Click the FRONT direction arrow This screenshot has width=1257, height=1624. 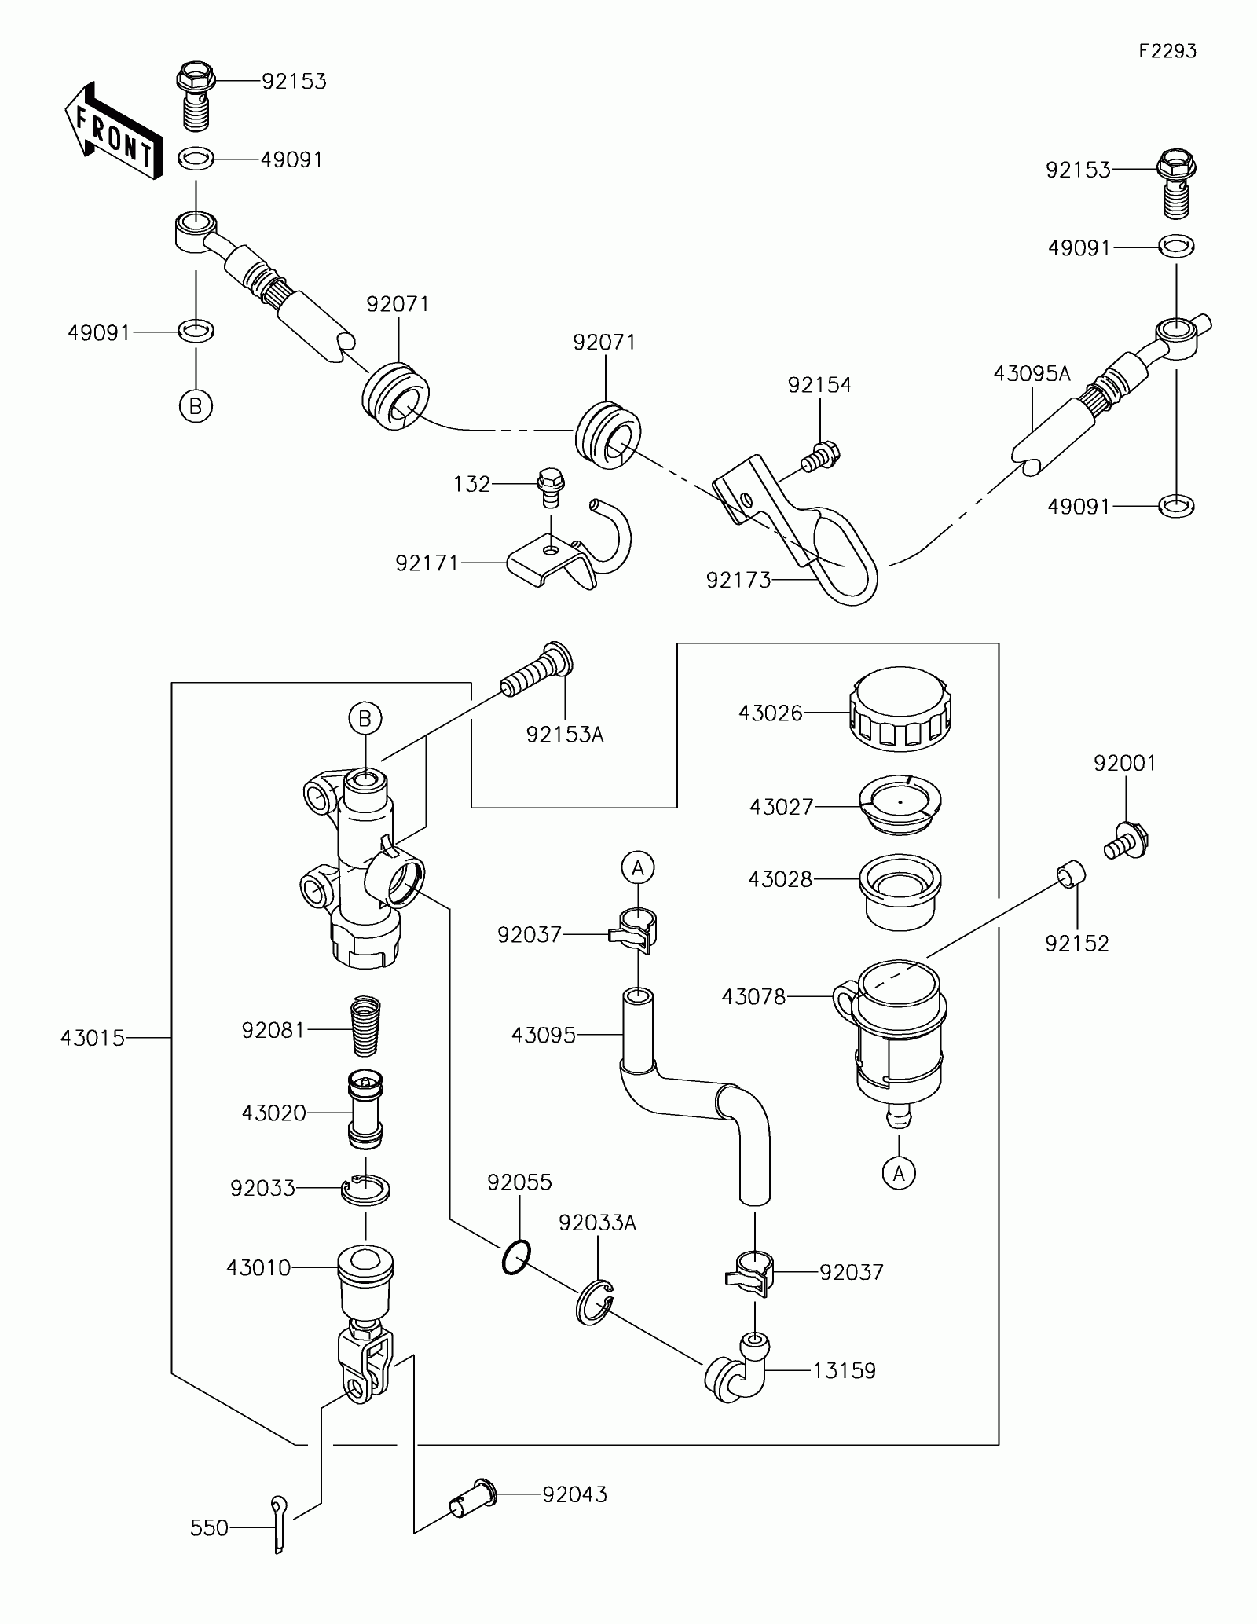(113, 132)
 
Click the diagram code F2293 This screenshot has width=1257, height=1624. (1167, 51)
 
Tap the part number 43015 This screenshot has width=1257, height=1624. (93, 1038)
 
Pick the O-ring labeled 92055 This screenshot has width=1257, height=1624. (515, 1258)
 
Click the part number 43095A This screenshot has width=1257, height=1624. (1032, 374)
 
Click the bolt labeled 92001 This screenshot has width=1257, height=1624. (1127, 840)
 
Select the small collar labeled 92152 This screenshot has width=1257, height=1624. (1071, 873)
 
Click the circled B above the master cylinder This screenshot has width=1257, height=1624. (365, 718)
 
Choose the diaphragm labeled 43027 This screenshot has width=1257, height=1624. (900, 807)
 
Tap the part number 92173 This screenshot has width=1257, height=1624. (738, 581)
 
